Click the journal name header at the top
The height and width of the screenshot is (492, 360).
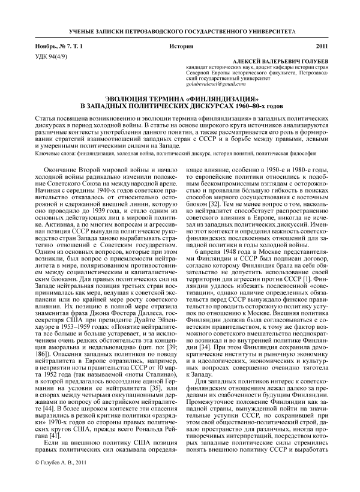pyautogui.click(x=180, y=30)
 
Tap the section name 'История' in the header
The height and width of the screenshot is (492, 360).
pyautogui.click(x=179, y=46)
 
